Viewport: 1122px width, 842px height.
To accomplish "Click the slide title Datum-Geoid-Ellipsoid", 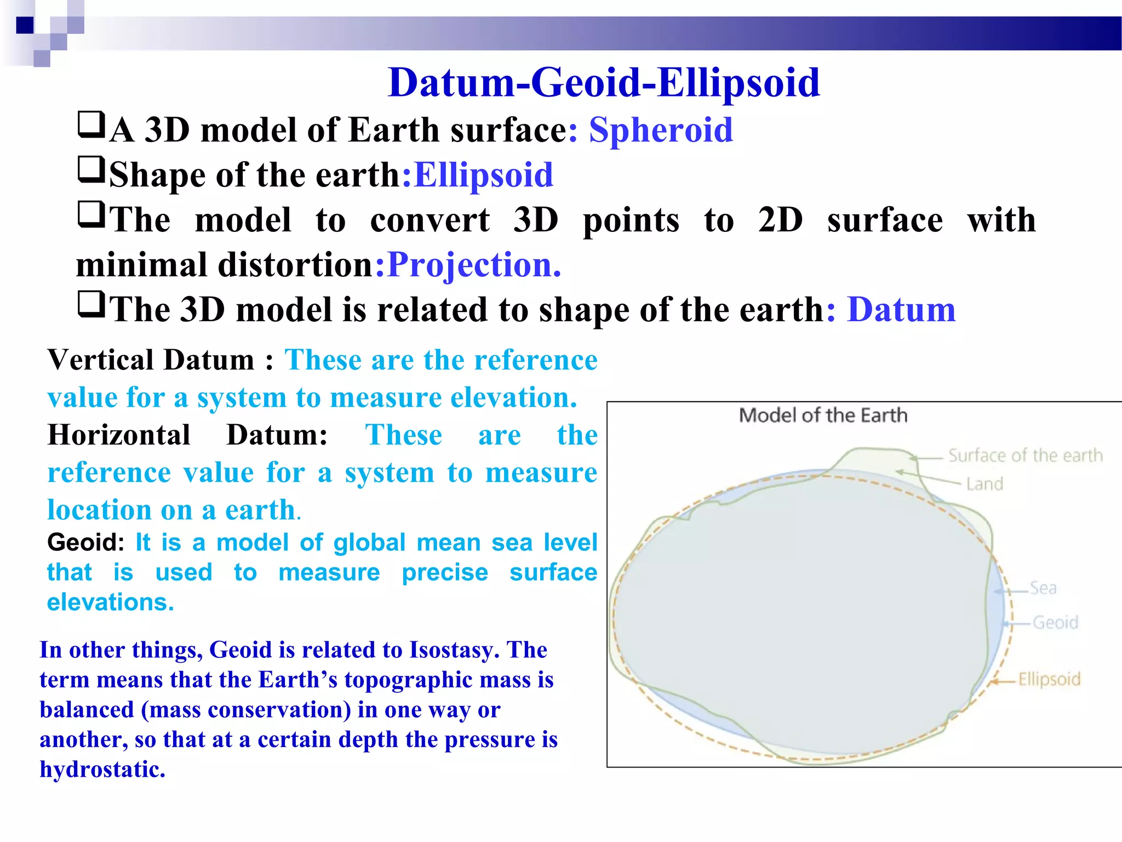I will coord(603,83).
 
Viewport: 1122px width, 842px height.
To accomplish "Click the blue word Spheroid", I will coord(661,130).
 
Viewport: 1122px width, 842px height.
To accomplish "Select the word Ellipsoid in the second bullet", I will coord(483,175).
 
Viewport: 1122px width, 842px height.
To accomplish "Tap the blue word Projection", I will coord(474,265).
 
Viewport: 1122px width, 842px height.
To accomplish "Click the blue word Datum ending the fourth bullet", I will coord(901,310).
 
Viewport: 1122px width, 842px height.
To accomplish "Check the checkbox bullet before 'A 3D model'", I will coord(90,126).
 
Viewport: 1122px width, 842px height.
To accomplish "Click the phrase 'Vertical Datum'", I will coord(151,361).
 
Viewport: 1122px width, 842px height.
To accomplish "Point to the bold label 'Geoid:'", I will coord(85,543).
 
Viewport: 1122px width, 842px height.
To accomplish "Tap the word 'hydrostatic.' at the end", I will coord(102,770).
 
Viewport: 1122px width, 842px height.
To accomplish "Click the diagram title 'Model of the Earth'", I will coord(823,416).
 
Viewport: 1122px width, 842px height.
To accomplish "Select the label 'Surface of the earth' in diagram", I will coord(1025,456).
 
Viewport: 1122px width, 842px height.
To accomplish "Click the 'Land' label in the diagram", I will coord(984,484).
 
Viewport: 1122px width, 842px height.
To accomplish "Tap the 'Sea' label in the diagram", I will coord(1043,588).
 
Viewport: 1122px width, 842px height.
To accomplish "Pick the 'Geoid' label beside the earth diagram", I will coord(1055,623).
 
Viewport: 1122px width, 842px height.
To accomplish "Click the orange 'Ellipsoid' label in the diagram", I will coord(1049,680).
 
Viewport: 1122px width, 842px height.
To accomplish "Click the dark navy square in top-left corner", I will coord(25,25).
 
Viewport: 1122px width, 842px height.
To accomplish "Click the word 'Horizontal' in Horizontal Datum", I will coord(119,436).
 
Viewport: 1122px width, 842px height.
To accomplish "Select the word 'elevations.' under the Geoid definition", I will coord(111,602).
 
